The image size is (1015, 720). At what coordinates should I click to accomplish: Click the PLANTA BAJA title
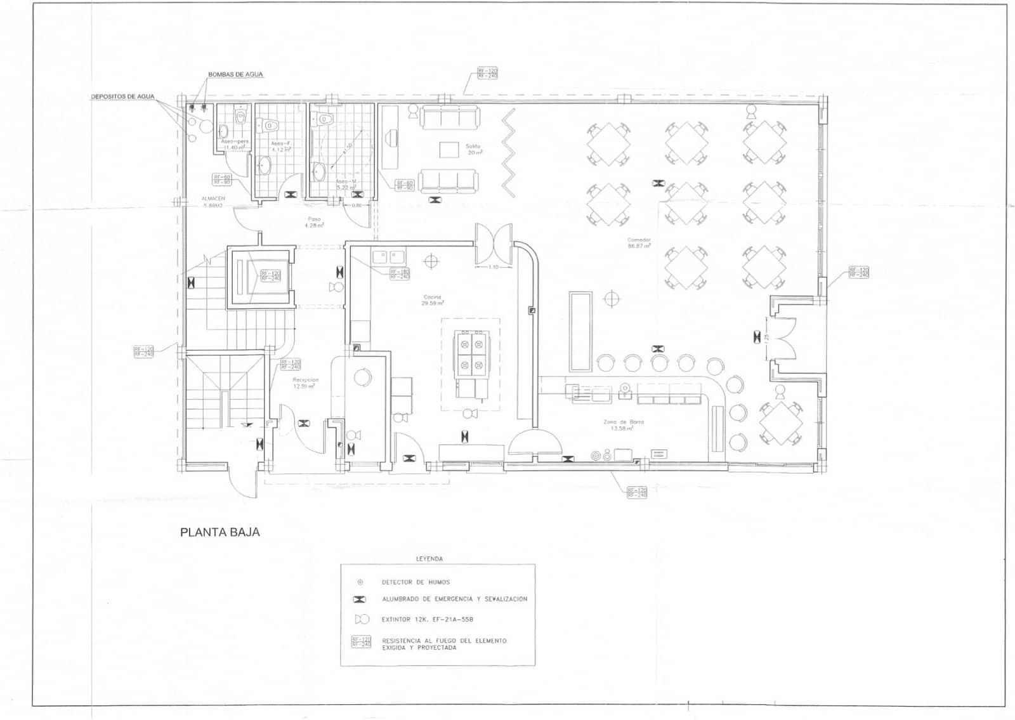(x=219, y=532)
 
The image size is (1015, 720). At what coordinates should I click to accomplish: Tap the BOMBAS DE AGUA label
(x=235, y=75)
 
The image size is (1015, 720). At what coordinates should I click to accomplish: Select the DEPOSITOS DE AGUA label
(x=122, y=96)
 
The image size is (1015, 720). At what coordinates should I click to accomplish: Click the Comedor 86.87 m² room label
(x=639, y=243)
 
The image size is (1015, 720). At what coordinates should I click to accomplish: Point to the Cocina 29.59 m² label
(x=432, y=300)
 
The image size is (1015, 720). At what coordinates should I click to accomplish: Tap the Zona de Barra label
(x=623, y=425)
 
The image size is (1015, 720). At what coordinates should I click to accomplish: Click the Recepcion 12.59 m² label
(x=305, y=383)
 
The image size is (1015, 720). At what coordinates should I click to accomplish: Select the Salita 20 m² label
(x=473, y=149)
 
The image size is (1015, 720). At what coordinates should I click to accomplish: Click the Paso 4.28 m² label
(x=314, y=222)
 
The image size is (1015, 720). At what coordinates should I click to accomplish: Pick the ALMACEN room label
(x=213, y=202)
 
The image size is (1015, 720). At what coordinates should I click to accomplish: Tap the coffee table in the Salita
(x=449, y=150)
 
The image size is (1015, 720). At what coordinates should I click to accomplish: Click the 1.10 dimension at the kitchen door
(x=494, y=267)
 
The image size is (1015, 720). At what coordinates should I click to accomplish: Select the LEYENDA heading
(x=429, y=559)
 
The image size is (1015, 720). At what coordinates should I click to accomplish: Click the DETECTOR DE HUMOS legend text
(x=416, y=582)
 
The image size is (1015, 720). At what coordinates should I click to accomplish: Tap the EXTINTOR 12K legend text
(x=428, y=619)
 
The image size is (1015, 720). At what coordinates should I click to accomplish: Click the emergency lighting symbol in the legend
(x=360, y=599)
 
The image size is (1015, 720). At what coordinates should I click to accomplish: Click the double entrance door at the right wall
(x=785, y=338)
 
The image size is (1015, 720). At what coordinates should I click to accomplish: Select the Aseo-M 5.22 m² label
(x=346, y=184)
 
